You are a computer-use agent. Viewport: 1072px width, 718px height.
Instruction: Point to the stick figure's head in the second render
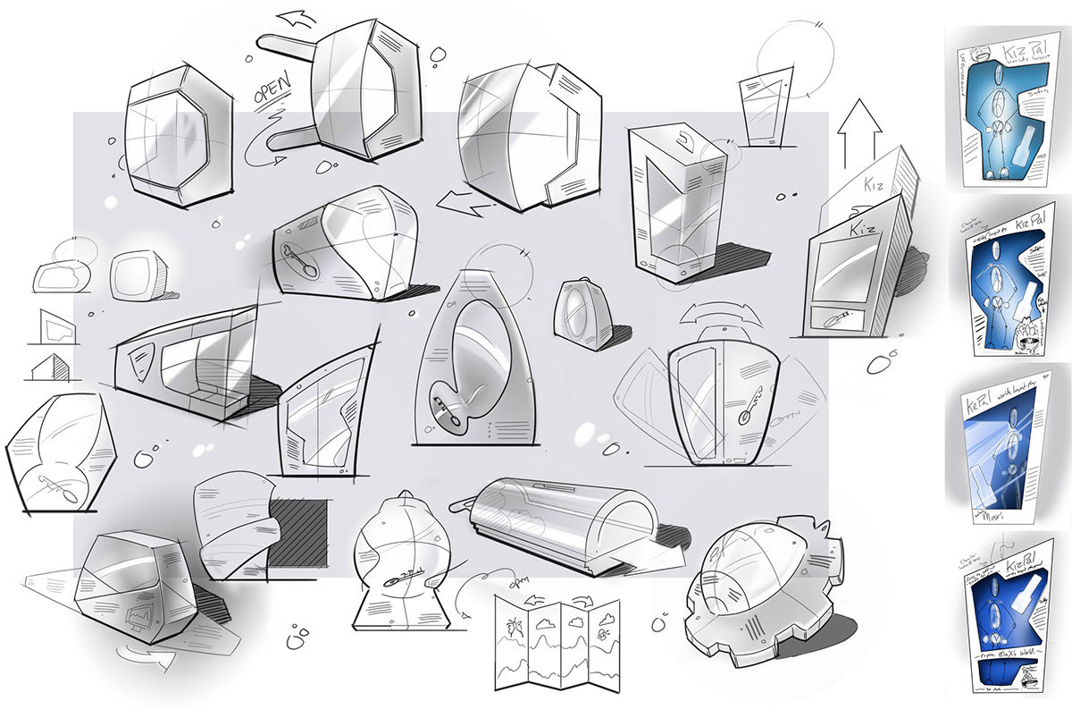click(1007, 251)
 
